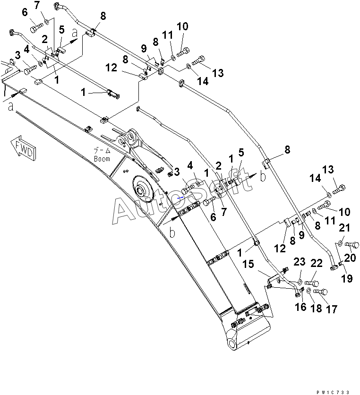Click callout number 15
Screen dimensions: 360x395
click(x=248, y=264)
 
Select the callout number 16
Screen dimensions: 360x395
click(x=300, y=307)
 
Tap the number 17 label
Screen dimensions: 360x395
click(x=332, y=309)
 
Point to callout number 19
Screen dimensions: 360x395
click(x=347, y=279)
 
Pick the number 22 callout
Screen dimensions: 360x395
click(x=317, y=263)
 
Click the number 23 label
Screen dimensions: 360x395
click(x=300, y=262)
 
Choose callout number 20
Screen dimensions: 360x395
click(x=350, y=258)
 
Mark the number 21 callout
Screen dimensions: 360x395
click(x=344, y=228)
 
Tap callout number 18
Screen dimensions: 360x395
click(x=316, y=309)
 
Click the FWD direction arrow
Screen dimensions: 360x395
click(x=23, y=148)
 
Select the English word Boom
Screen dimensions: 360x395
click(x=102, y=159)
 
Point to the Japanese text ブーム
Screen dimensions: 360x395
click(x=102, y=151)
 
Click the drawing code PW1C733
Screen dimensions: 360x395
click(x=333, y=392)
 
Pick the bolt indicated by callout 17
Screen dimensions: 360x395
click(x=320, y=292)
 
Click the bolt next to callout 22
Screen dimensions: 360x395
click(x=312, y=283)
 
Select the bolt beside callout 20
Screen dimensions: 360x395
click(x=351, y=244)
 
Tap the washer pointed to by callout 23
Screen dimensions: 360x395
click(x=300, y=282)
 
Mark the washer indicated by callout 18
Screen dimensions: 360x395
click(x=309, y=291)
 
